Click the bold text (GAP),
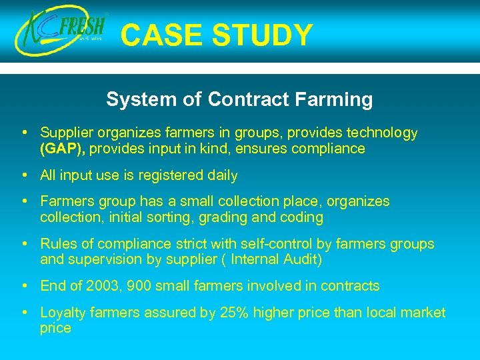click(x=62, y=149)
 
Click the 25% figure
click(x=236, y=313)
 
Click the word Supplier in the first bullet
click(x=66, y=133)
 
